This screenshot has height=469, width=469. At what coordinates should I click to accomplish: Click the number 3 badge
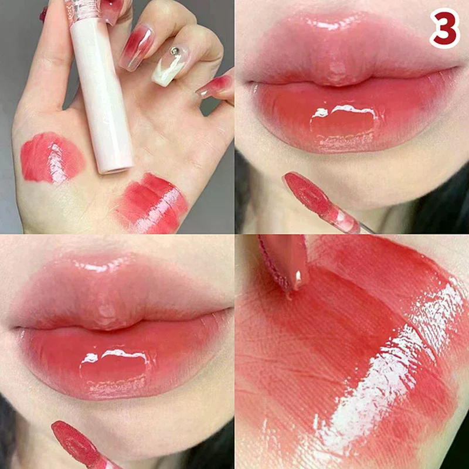pos(444,28)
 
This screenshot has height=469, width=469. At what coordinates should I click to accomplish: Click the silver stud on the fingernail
pos(175,52)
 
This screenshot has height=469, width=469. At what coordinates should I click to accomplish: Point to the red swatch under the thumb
pos(52,157)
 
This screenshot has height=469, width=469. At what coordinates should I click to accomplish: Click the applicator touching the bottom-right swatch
pos(284,261)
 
